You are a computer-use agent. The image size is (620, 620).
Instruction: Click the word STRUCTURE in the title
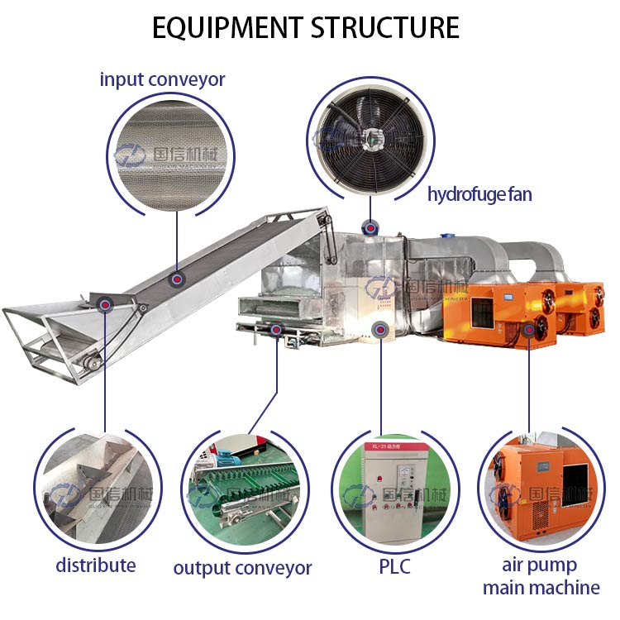pos(385,27)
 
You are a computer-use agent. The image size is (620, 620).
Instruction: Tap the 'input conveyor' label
pos(162,79)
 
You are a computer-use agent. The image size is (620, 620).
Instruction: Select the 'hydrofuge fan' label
pos(479,194)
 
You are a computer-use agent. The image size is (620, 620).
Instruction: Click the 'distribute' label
pos(96,565)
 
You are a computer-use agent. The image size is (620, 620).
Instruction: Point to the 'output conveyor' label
pos(243,568)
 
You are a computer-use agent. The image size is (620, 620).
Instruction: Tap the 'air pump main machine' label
pos(541,577)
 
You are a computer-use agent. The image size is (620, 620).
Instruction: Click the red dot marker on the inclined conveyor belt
pos(176,279)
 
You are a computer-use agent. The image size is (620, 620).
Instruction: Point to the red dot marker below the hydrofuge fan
pos(370,226)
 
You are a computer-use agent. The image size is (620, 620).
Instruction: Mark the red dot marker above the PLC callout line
pos(379,328)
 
